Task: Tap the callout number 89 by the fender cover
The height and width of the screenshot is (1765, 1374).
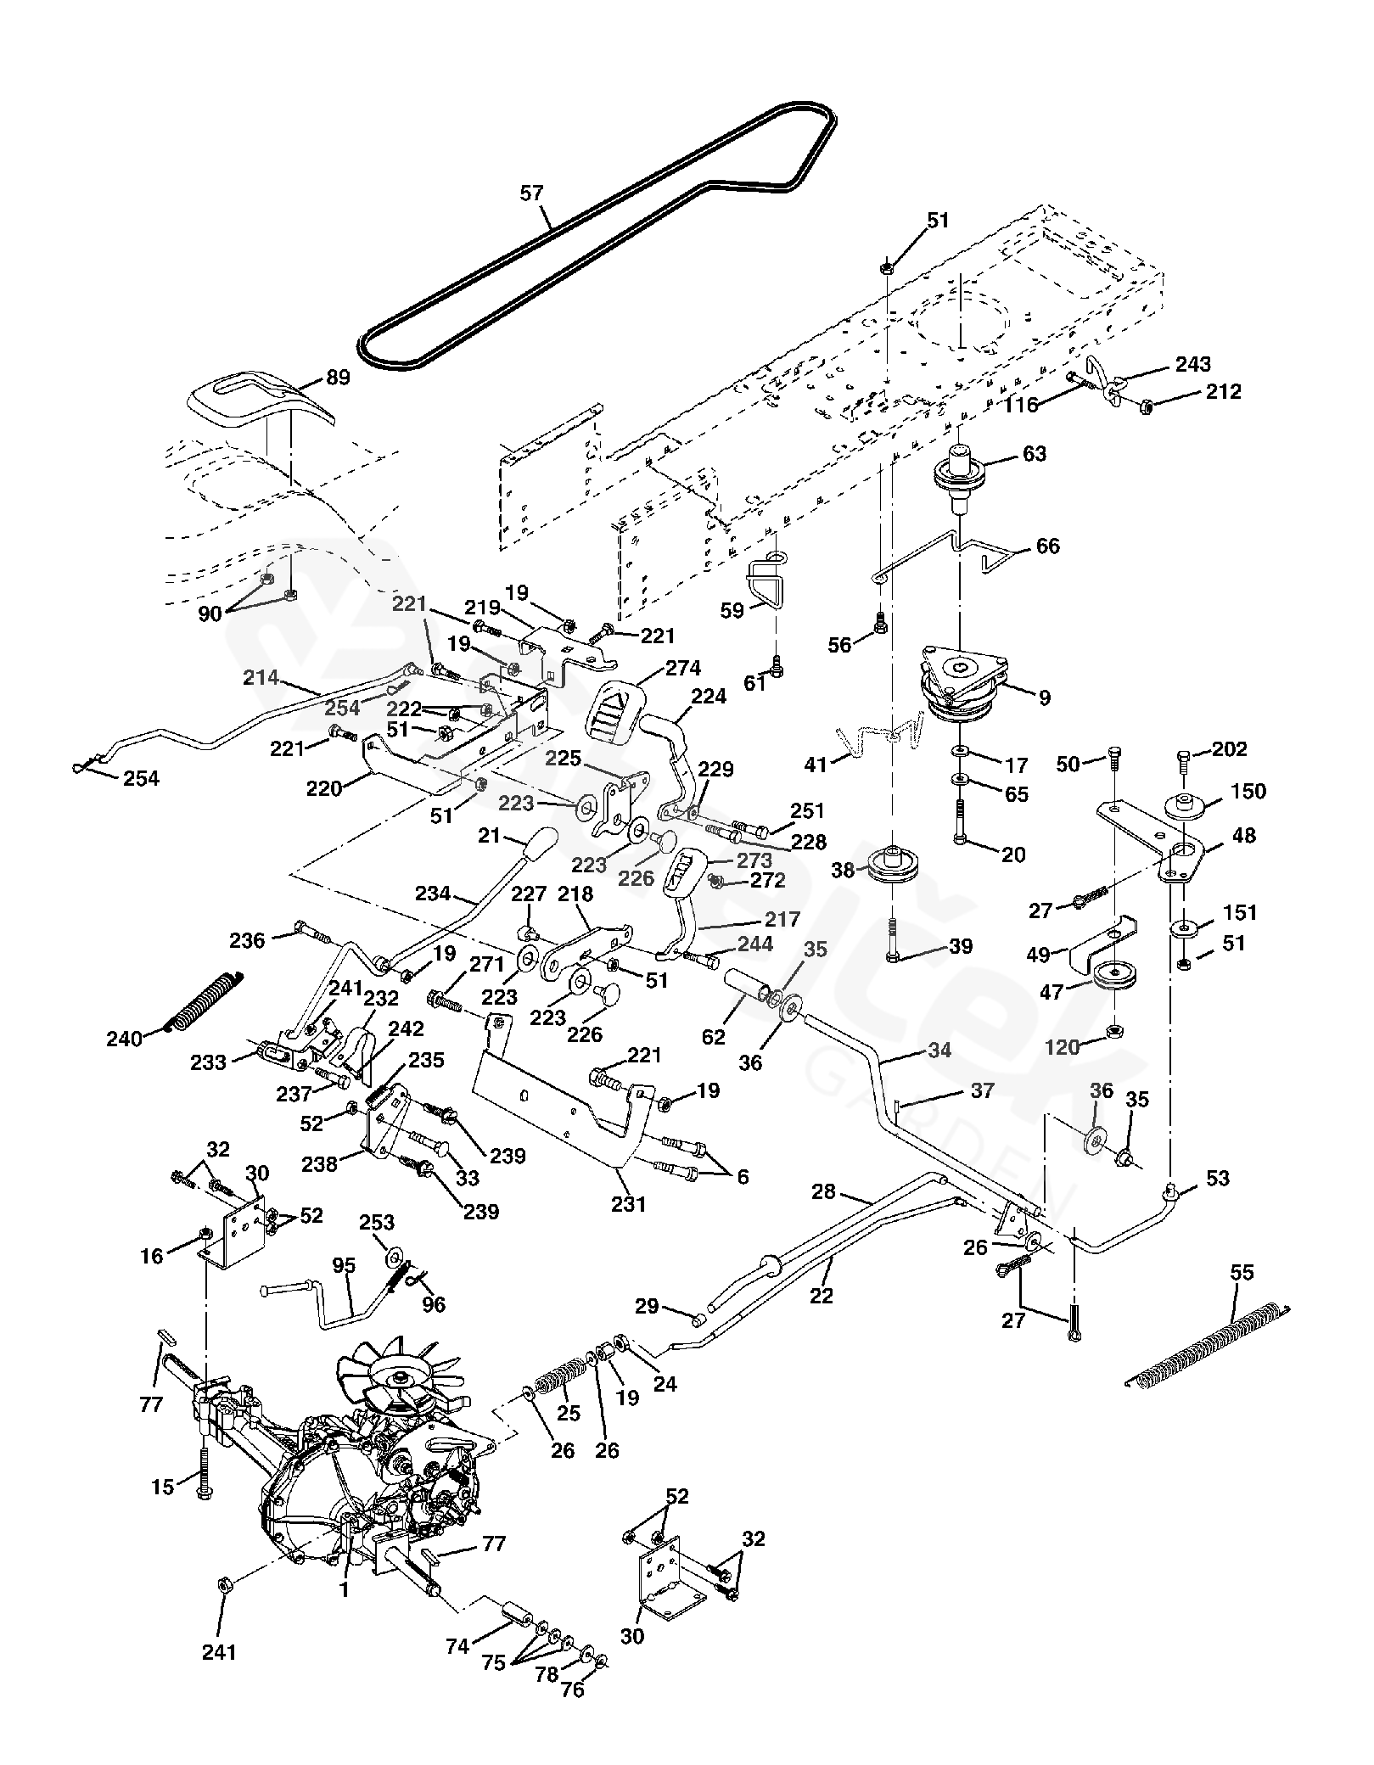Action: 338,378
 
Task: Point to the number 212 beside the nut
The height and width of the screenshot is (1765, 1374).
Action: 1222,392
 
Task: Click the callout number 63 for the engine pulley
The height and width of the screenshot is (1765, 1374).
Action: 1034,453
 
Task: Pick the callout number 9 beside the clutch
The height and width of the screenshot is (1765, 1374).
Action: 1044,698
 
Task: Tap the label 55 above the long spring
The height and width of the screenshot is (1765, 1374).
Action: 1242,1273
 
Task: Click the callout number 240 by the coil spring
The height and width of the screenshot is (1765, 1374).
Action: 124,1038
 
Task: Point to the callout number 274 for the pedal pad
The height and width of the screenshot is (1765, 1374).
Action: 684,670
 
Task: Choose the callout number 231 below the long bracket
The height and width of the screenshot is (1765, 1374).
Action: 629,1203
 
